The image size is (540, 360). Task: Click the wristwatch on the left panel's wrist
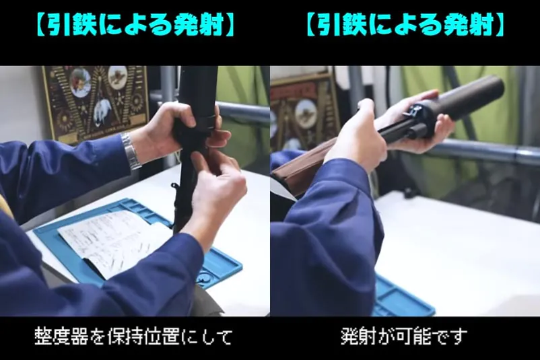click(130, 151)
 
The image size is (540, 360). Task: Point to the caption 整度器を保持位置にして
click(133, 336)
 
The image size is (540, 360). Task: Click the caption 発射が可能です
click(404, 336)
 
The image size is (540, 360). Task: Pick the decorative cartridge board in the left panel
click(96, 103)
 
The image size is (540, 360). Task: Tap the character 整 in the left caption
click(43, 336)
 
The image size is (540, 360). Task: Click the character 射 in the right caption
click(368, 336)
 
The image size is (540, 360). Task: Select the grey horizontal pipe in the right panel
click(482, 151)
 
